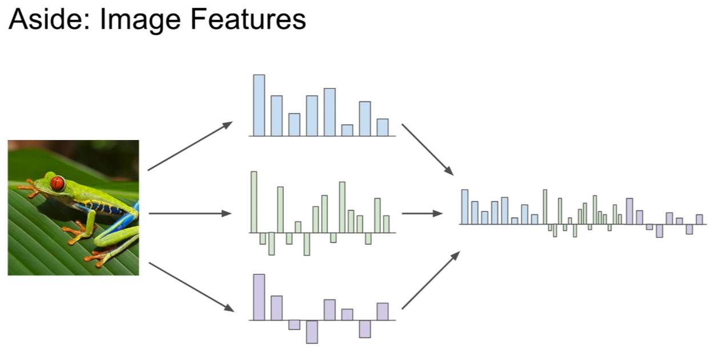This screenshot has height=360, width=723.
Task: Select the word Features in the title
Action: pyautogui.click(x=248, y=19)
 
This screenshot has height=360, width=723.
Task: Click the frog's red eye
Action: pyautogui.click(x=58, y=183)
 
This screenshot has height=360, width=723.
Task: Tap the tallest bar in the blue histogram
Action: pyautogui.click(x=259, y=105)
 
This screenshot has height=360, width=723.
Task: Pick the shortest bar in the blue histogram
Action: pyautogui.click(x=347, y=130)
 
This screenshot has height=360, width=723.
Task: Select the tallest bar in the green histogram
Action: pyautogui.click(x=254, y=202)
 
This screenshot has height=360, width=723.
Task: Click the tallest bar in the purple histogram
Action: pyautogui.click(x=259, y=297)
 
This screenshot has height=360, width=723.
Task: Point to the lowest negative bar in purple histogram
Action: pyautogui.click(x=312, y=331)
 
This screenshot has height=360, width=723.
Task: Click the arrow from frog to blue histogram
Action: pyautogui.click(x=190, y=146)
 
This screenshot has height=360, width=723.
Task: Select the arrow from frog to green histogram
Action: pyautogui.click(x=190, y=213)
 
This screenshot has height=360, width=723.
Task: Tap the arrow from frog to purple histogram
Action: pyautogui.click(x=191, y=287)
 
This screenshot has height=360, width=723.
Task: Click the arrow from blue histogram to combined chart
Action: pyautogui.click(x=428, y=150)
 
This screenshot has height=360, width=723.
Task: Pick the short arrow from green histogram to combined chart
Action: pyautogui.click(x=422, y=213)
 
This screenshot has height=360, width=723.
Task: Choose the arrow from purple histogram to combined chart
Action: pyautogui.click(x=431, y=280)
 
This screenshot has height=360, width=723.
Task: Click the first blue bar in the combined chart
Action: pyautogui.click(x=465, y=207)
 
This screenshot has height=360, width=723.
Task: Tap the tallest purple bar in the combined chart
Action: pyautogui.click(x=629, y=211)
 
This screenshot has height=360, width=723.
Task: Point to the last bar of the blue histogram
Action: pyautogui.click(x=383, y=127)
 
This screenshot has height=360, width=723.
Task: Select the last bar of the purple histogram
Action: pyautogui.click(x=383, y=311)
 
